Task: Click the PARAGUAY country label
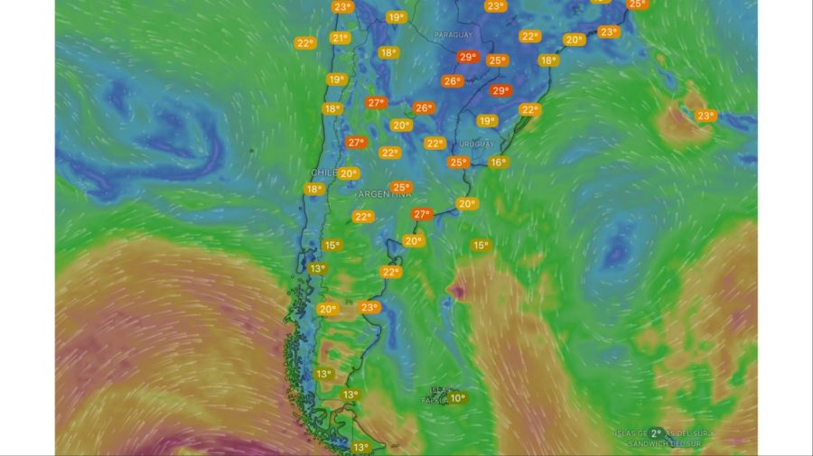click(453, 35)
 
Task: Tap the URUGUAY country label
click(476, 144)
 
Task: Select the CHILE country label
click(322, 172)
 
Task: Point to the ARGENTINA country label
click(385, 194)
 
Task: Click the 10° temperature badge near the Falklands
click(457, 398)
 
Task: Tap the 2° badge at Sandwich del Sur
click(657, 433)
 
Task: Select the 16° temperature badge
click(498, 163)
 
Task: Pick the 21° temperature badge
click(340, 38)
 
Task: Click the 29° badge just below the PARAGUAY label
click(467, 57)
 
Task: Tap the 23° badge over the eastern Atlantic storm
click(706, 116)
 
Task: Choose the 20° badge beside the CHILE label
click(349, 173)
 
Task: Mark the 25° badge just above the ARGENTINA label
click(401, 187)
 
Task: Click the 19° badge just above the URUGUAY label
click(487, 121)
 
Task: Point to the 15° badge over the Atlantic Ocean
click(481, 246)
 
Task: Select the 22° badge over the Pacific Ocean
click(304, 42)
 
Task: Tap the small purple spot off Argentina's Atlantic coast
click(458, 291)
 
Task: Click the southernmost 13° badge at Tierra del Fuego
click(360, 447)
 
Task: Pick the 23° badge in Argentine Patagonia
click(369, 307)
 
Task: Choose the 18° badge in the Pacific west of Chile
click(313, 190)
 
